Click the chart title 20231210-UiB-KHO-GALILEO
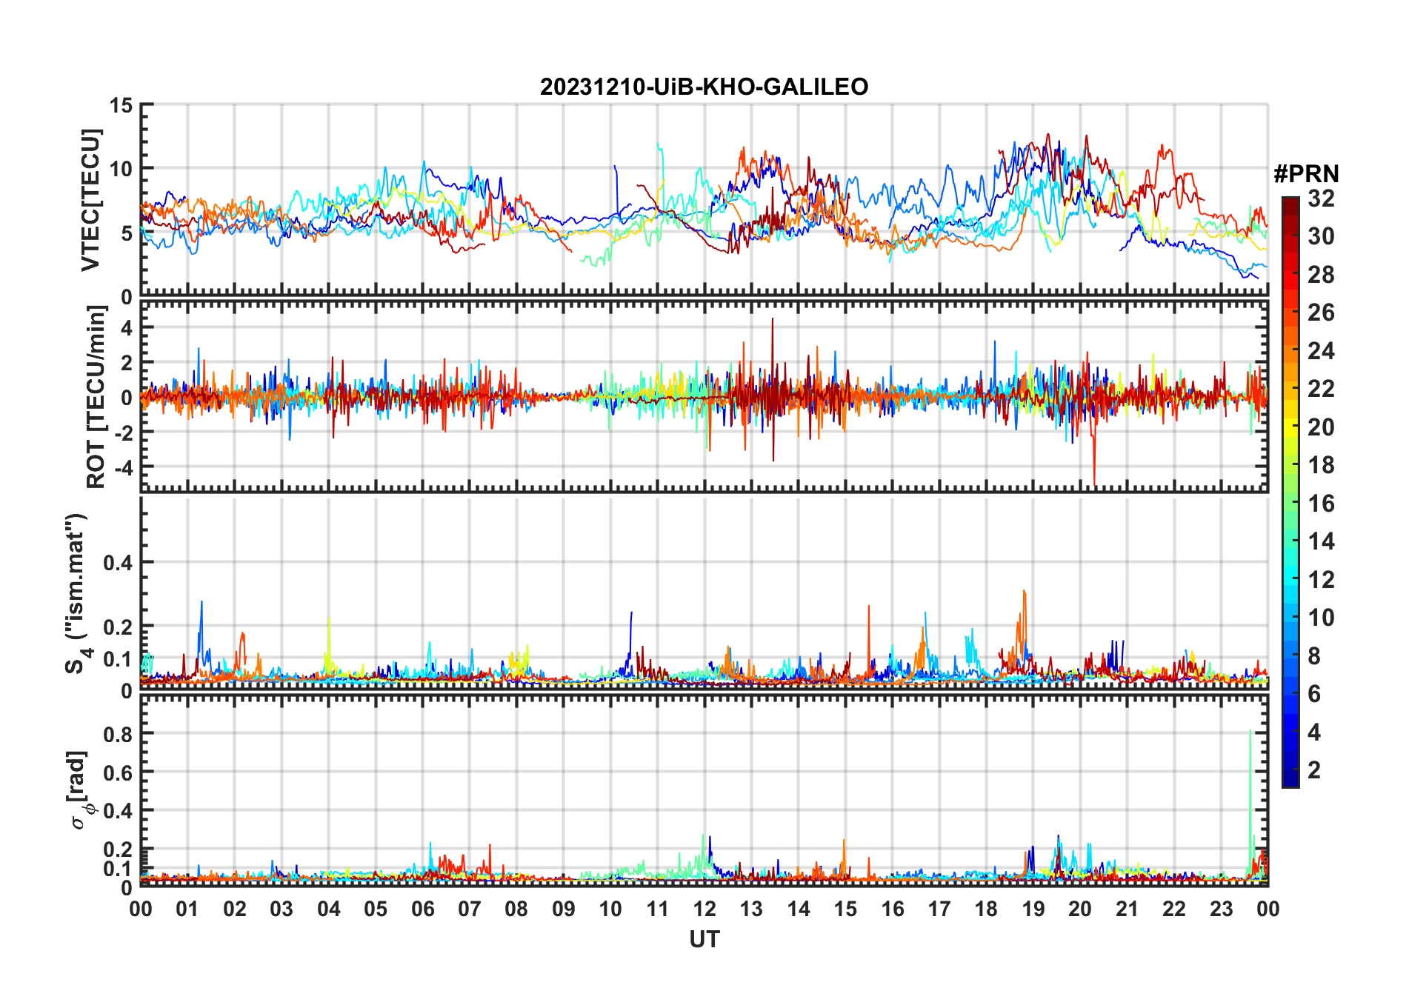(704, 87)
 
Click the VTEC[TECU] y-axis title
(90, 200)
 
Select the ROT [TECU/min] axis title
(96, 397)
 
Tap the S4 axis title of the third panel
(76, 593)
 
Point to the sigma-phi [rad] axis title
(79, 789)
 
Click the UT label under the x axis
(704, 939)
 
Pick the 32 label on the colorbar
(1321, 198)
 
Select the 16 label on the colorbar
(1321, 504)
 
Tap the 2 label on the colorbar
(1314, 770)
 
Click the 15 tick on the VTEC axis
(121, 105)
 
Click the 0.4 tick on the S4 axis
(118, 563)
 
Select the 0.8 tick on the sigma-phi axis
(118, 734)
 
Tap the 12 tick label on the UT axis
(704, 909)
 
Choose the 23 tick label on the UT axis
(1221, 909)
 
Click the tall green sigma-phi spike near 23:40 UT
(1250, 733)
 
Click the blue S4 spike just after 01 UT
(201, 604)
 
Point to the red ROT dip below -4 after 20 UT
(1094, 481)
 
